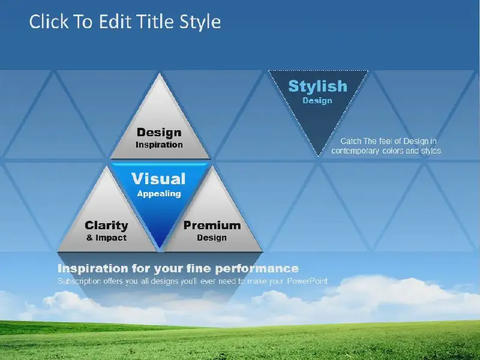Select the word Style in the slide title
click(200, 23)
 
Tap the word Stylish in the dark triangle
click(318, 86)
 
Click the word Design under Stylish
click(317, 101)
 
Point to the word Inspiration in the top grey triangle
click(159, 145)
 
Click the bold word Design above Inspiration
click(159, 133)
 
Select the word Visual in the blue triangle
click(158, 179)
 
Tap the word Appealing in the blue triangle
click(159, 194)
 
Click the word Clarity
click(107, 226)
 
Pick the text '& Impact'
click(107, 238)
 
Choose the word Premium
click(212, 226)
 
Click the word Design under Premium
click(212, 238)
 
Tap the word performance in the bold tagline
click(257, 269)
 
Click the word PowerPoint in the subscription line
click(307, 281)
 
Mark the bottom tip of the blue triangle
click(159, 247)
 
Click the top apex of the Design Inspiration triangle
click(160, 74)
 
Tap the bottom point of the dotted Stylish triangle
click(318, 156)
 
